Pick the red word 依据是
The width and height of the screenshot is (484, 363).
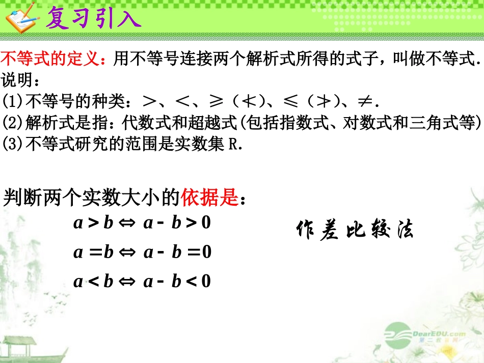click(x=209, y=198)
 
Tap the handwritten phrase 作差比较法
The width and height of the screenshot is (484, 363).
click(x=355, y=230)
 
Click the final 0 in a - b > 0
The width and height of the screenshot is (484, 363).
click(x=206, y=224)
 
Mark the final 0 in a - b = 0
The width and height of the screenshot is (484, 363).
click(x=206, y=253)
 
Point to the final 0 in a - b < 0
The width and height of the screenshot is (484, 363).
click(x=206, y=282)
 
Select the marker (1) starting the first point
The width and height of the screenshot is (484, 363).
click(x=10, y=102)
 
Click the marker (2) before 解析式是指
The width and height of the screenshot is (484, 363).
click(x=10, y=124)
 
